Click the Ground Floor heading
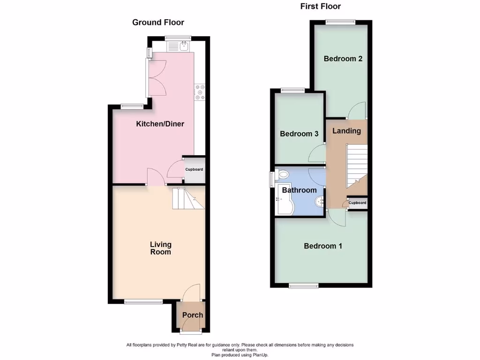tap(158, 22)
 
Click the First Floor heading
tap(320, 7)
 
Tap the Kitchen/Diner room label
tap(160, 124)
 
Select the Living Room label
tap(161, 248)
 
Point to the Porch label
tap(193, 315)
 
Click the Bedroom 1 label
tap(322, 246)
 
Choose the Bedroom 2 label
tap(343, 59)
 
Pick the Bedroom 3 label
tap(299, 134)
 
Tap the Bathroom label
tap(299, 190)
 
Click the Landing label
tap(346, 131)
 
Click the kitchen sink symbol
tap(184, 46)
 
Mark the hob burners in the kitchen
tap(200, 92)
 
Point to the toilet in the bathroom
tap(283, 175)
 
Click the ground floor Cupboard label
tap(194, 169)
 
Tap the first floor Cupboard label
tap(357, 203)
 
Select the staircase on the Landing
tap(356, 166)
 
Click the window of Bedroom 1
tap(303, 285)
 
